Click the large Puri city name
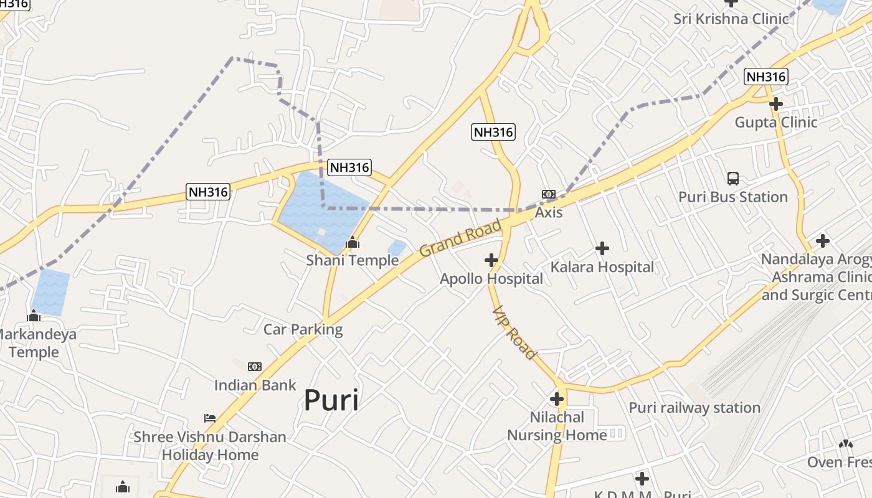(331, 400)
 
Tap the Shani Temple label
(352, 260)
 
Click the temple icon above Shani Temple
(353, 242)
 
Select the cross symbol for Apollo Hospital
(491, 260)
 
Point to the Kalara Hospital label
(602, 267)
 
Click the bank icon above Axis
(548, 194)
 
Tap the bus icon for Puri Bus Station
(733, 179)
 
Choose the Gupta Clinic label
(775, 122)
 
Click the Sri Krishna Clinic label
(731, 19)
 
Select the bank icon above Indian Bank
(255, 367)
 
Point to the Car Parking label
(303, 329)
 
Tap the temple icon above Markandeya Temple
(34, 316)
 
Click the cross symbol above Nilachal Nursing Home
(557, 399)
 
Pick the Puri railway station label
(694, 408)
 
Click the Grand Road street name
(460, 238)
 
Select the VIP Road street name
(514, 332)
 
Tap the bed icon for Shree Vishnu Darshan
(210, 418)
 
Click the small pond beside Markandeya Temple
(50, 291)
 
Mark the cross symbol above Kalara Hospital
(602, 248)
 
